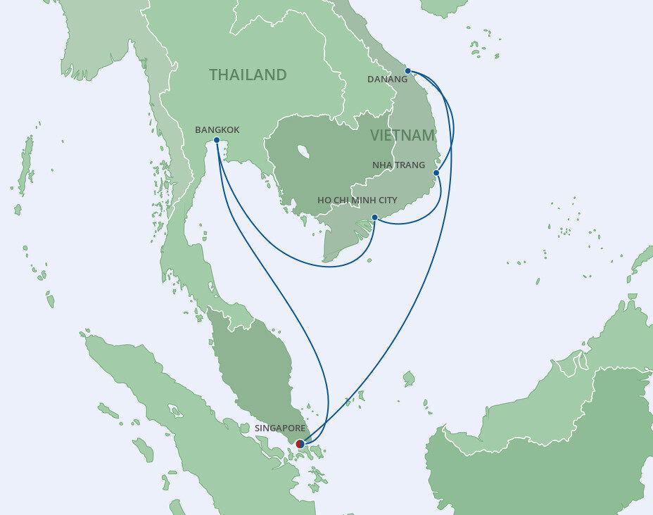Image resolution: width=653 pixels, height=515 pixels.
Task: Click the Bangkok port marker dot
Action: (x=216, y=141)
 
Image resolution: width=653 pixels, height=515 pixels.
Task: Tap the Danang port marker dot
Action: (x=408, y=70)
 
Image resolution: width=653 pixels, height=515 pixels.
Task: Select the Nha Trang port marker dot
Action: (x=436, y=172)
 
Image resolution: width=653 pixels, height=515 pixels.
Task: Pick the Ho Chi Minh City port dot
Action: (x=374, y=217)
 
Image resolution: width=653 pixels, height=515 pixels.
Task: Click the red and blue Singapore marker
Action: (x=300, y=444)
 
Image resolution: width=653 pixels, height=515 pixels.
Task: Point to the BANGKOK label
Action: (x=217, y=130)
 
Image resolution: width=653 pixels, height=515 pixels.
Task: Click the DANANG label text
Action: (x=387, y=80)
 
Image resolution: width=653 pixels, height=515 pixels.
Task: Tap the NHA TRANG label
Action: (x=398, y=165)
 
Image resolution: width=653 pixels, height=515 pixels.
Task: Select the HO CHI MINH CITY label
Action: (x=357, y=201)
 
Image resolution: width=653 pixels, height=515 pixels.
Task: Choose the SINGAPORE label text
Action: (x=281, y=428)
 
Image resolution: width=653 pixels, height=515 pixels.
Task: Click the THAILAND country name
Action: (x=248, y=75)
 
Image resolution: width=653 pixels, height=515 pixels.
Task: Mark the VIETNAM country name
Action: (x=402, y=135)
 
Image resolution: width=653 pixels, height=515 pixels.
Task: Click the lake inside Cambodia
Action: (x=304, y=151)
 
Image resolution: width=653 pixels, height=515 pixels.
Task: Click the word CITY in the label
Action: (x=387, y=201)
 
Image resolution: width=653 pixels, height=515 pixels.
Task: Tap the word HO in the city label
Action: (x=324, y=201)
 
